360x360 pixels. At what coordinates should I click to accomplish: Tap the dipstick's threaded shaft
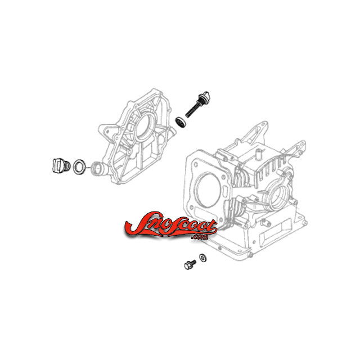192,110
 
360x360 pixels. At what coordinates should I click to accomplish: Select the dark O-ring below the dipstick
181,122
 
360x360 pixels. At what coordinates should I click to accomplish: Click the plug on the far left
60,165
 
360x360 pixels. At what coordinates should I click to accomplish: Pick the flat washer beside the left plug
79,166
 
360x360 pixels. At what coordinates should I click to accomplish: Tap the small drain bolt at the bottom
190,264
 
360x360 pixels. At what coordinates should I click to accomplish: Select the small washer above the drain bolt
202,258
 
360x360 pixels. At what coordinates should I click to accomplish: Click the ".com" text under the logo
200,237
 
